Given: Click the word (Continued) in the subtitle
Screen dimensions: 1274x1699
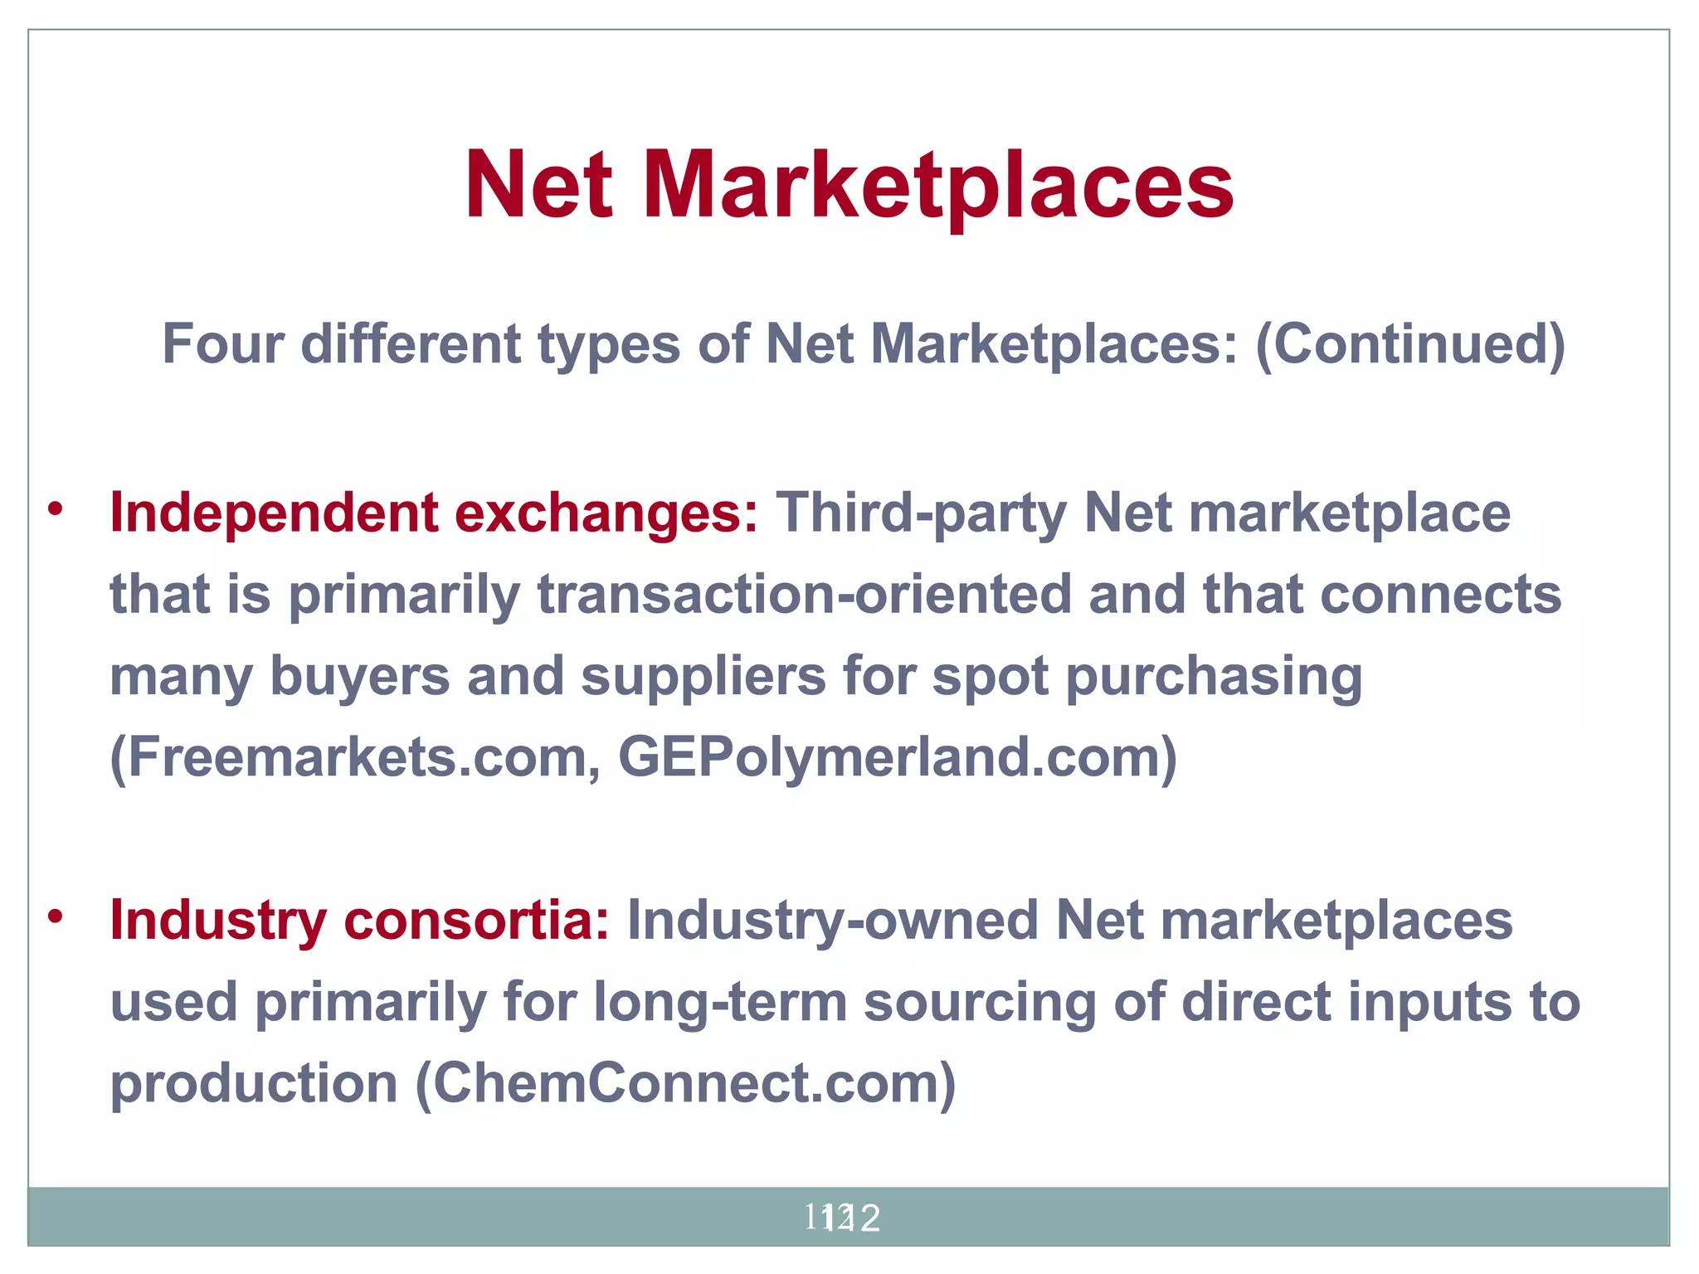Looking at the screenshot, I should tap(1409, 345).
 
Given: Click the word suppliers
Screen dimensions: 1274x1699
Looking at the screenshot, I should tap(703, 677).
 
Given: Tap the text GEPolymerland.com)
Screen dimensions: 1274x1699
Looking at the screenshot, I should tap(897, 758).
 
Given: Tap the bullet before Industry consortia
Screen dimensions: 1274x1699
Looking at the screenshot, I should tap(56, 917).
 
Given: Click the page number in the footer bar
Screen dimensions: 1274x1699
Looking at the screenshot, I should tap(841, 1218).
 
